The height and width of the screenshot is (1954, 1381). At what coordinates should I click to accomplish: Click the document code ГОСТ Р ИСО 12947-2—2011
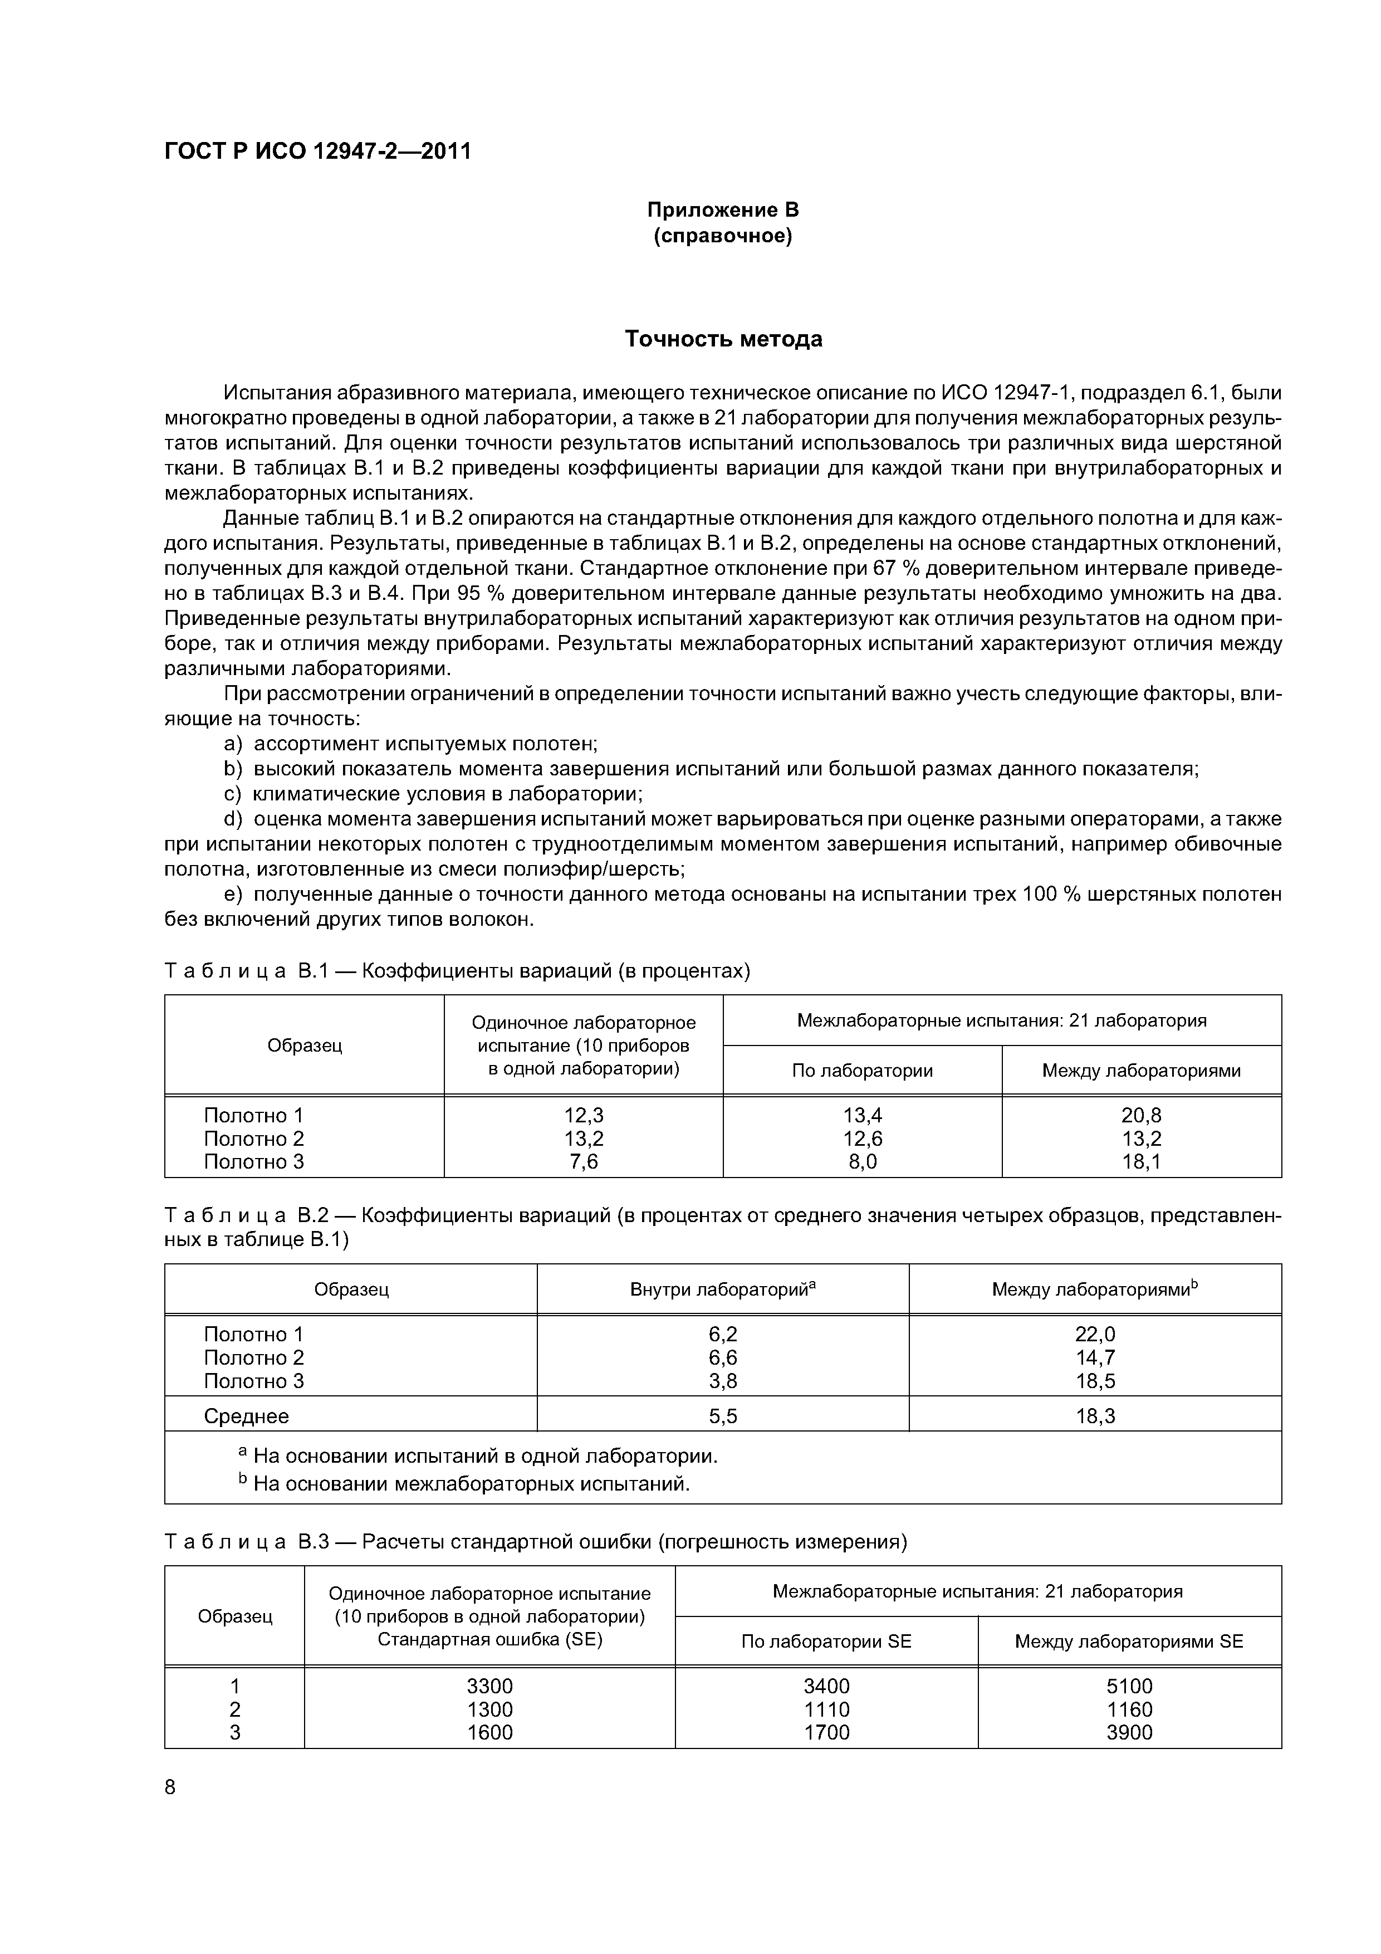(317, 152)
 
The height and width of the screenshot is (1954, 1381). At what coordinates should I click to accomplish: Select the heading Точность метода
(723, 339)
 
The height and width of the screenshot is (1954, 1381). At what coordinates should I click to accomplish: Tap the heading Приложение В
(723, 209)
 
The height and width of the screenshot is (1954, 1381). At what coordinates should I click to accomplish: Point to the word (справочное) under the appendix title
(723, 236)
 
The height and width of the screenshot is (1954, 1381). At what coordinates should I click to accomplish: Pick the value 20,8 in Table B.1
(1141, 1115)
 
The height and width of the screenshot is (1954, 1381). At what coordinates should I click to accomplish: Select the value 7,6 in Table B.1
(583, 1162)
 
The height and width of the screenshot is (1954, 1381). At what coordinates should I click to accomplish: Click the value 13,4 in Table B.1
(862, 1115)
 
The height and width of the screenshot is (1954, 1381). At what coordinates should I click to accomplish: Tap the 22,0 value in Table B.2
(1095, 1333)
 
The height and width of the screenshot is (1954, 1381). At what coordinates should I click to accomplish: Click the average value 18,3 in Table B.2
(1095, 1416)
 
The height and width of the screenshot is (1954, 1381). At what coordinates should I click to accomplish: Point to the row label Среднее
(246, 1416)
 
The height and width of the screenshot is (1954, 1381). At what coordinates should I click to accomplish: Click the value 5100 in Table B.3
(1129, 1686)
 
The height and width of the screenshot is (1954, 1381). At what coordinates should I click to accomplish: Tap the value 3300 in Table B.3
(489, 1686)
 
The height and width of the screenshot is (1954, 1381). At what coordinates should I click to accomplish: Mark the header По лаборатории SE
(826, 1641)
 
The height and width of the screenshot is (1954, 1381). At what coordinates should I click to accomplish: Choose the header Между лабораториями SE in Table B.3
(1129, 1641)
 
